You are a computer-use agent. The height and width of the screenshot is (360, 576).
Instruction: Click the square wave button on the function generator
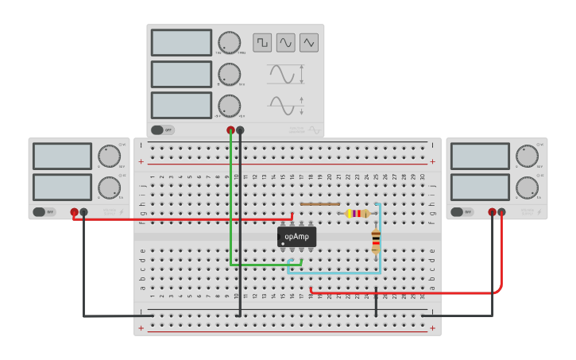coord(262,42)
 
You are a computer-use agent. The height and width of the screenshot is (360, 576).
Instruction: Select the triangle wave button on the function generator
coord(309,42)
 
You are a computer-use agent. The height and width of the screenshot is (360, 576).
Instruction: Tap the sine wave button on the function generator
coord(285,42)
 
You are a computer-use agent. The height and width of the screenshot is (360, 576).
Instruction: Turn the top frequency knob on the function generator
coord(229,43)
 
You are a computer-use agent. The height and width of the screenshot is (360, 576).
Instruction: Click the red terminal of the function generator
coord(231,130)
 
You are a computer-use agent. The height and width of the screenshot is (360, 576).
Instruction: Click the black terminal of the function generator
coord(241,130)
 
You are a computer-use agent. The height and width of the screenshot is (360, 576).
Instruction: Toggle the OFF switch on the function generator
coord(162,130)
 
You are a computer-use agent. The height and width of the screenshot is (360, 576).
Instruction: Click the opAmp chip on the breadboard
coord(297,236)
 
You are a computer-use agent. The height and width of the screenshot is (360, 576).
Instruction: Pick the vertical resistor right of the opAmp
coord(376,241)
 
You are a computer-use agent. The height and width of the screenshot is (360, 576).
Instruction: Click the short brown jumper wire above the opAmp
coord(320,204)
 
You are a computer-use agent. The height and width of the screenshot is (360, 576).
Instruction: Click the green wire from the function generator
coord(231,207)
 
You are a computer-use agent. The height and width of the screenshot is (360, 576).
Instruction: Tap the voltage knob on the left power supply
coord(109,156)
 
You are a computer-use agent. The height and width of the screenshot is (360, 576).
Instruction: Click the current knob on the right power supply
coord(527,188)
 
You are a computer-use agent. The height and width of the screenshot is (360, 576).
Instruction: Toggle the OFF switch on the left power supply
coord(44,212)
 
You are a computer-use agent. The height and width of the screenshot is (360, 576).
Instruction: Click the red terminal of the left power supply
coord(74,212)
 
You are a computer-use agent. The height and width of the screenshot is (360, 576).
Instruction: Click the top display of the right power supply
coord(480,156)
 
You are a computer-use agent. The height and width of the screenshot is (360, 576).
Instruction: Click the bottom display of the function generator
coord(181,105)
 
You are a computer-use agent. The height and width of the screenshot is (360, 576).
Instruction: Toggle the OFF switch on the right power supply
coord(462,212)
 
